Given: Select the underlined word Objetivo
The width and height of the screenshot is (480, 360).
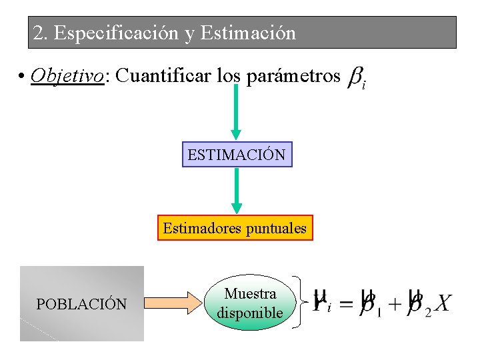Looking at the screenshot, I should pos(67,76).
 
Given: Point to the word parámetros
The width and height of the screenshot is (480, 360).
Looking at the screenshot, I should pos(294,76).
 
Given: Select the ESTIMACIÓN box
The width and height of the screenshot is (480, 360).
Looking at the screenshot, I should pos(237,155).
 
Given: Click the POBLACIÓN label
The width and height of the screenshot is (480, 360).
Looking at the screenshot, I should pos(81,304).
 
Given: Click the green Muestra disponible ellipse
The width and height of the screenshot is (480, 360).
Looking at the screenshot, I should pos(250,303).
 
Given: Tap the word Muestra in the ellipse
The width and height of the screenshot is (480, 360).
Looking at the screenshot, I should pos(250,293).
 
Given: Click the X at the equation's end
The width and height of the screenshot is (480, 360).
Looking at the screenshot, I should pos(442,304).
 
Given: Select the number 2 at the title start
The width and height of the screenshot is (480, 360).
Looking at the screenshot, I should pos(39,33).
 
